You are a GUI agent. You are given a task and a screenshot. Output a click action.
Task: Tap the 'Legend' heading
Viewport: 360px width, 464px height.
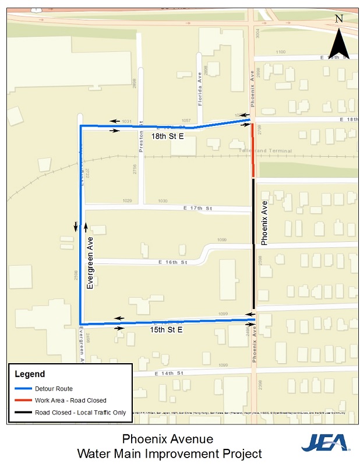coord(29,374)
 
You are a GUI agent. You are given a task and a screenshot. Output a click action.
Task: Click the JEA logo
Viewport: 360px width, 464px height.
coord(324,442)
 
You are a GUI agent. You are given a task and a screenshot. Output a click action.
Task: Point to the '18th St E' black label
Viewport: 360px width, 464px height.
coord(167,136)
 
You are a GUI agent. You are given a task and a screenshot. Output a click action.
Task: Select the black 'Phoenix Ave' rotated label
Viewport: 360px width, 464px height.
coord(264,223)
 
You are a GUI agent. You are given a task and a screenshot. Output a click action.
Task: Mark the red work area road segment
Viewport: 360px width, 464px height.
coord(253,149)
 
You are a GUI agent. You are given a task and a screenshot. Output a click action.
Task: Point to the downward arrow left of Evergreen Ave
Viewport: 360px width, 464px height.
coord(75,226)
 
